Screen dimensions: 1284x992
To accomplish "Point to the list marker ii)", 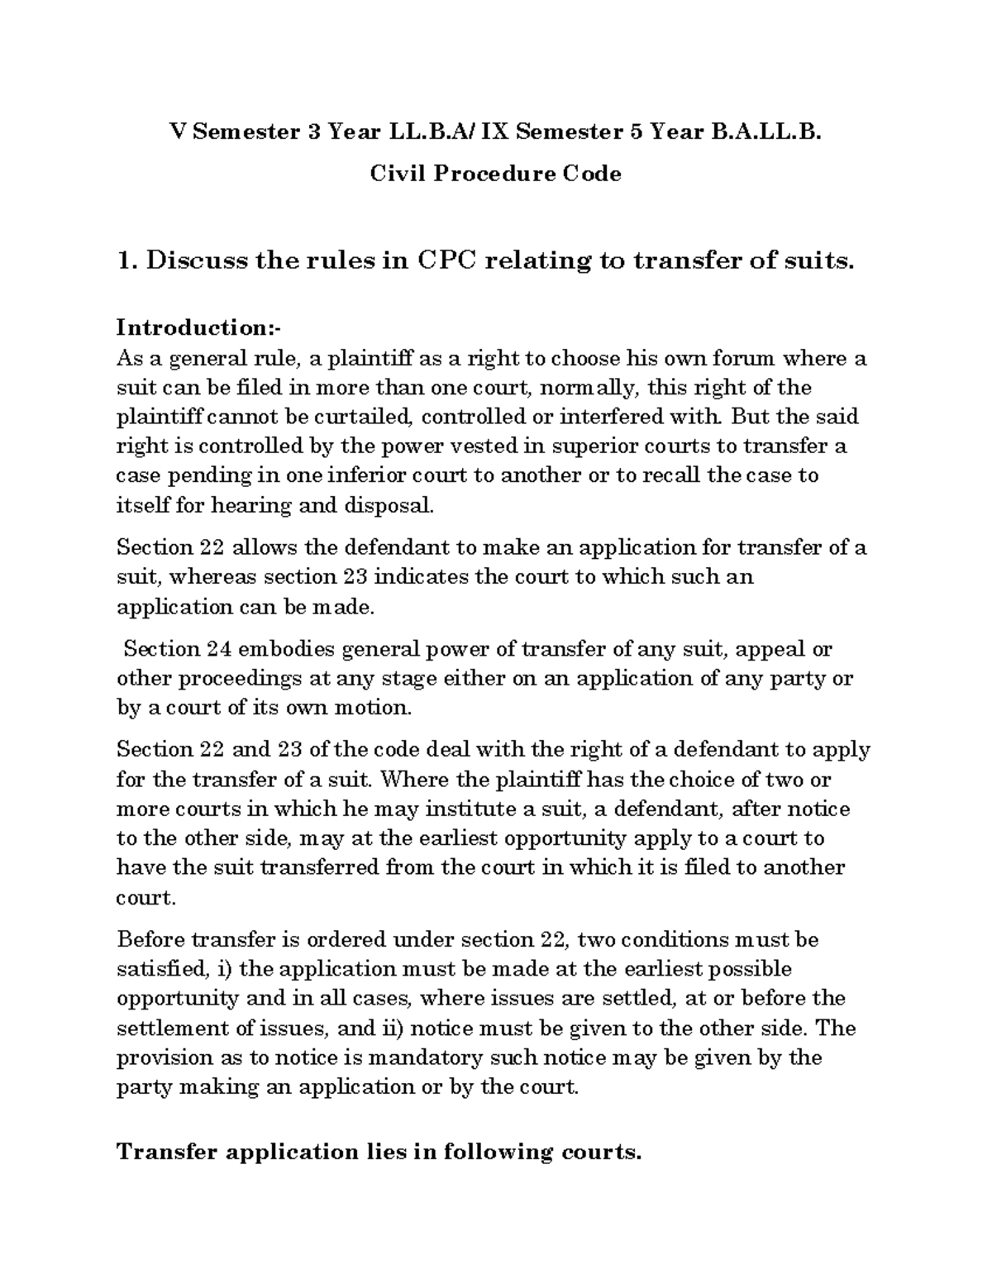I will (x=392, y=1029).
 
